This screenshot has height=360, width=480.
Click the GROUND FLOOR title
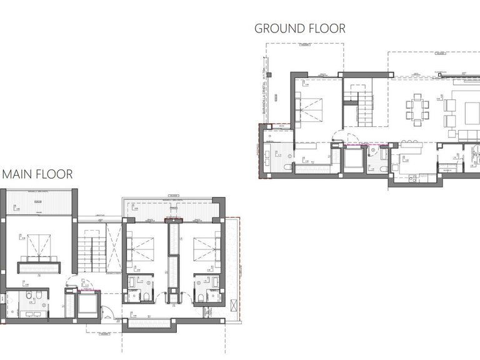[299, 28]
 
